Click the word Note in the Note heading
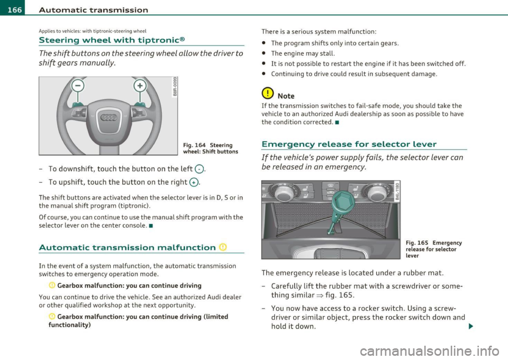[x=288, y=96]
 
